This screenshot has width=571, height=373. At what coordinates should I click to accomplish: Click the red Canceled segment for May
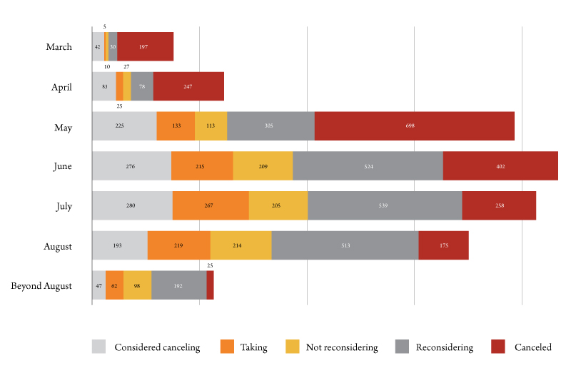(x=414, y=126)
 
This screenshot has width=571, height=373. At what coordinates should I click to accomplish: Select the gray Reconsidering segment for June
(x=368, y=166)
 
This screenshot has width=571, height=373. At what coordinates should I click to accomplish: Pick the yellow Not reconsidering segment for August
(x=241, y=246)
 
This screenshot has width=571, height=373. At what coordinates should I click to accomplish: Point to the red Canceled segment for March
(x=145, y=46)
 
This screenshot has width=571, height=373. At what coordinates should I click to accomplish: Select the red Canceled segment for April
(x=188, y=86)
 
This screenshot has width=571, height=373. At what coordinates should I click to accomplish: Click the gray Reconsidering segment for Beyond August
(x=178, y=286)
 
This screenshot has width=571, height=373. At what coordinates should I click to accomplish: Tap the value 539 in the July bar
(x=385, y=206)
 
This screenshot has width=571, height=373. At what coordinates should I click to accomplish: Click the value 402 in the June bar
(x=500, y=166)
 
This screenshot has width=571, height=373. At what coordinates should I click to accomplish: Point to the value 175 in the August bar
(x=443, y=246)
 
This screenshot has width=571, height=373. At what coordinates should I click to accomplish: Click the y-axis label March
(x=59, y=47)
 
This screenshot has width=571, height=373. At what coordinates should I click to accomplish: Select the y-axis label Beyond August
(x=41, y=286)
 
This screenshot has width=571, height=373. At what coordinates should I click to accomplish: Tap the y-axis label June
(x=61, y=166)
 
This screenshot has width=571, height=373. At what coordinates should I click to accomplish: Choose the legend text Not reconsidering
(x=341, y=347)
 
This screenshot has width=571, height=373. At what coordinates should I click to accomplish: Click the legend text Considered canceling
(x=157, y=347)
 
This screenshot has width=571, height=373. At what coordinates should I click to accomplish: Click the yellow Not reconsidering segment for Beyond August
(x=137, y=286)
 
